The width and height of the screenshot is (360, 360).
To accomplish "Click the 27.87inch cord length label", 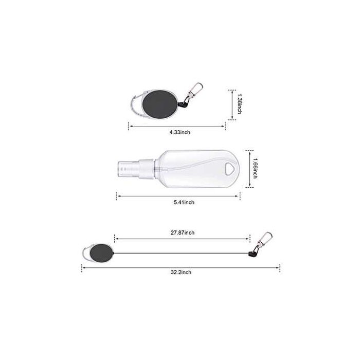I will tap(183, 232).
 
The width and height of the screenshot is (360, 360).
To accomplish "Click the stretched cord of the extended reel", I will tap(180, 254).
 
